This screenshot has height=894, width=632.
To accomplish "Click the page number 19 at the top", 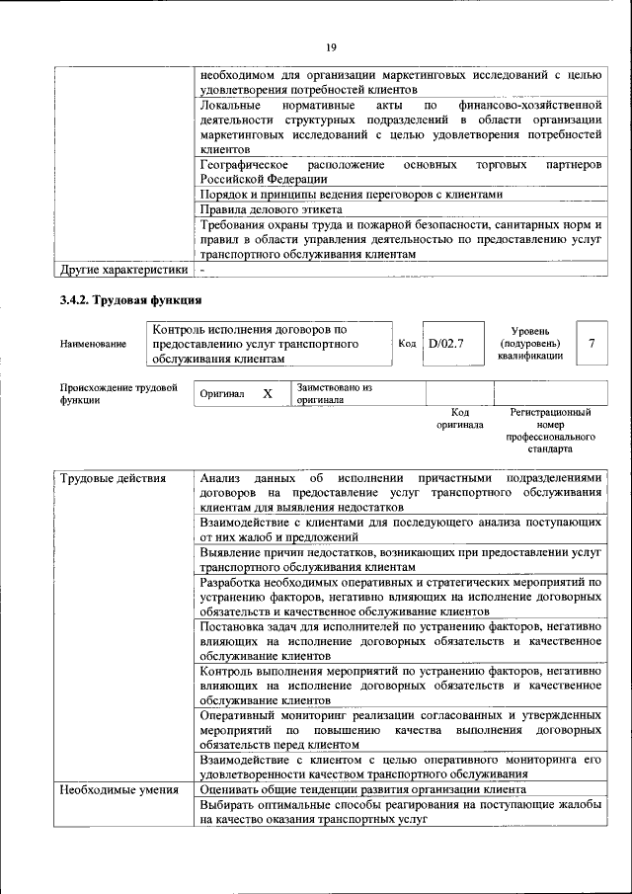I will [332, 45].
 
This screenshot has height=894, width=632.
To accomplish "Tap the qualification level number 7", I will [591, 343].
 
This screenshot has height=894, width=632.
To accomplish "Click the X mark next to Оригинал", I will [267, 393].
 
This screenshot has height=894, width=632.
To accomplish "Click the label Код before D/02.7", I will [406, 343].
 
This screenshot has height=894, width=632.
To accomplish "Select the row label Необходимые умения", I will [118, 789].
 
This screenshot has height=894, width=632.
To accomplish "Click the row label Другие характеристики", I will [123, 269].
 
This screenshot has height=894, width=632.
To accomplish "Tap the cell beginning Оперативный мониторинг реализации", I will [400, 728].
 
